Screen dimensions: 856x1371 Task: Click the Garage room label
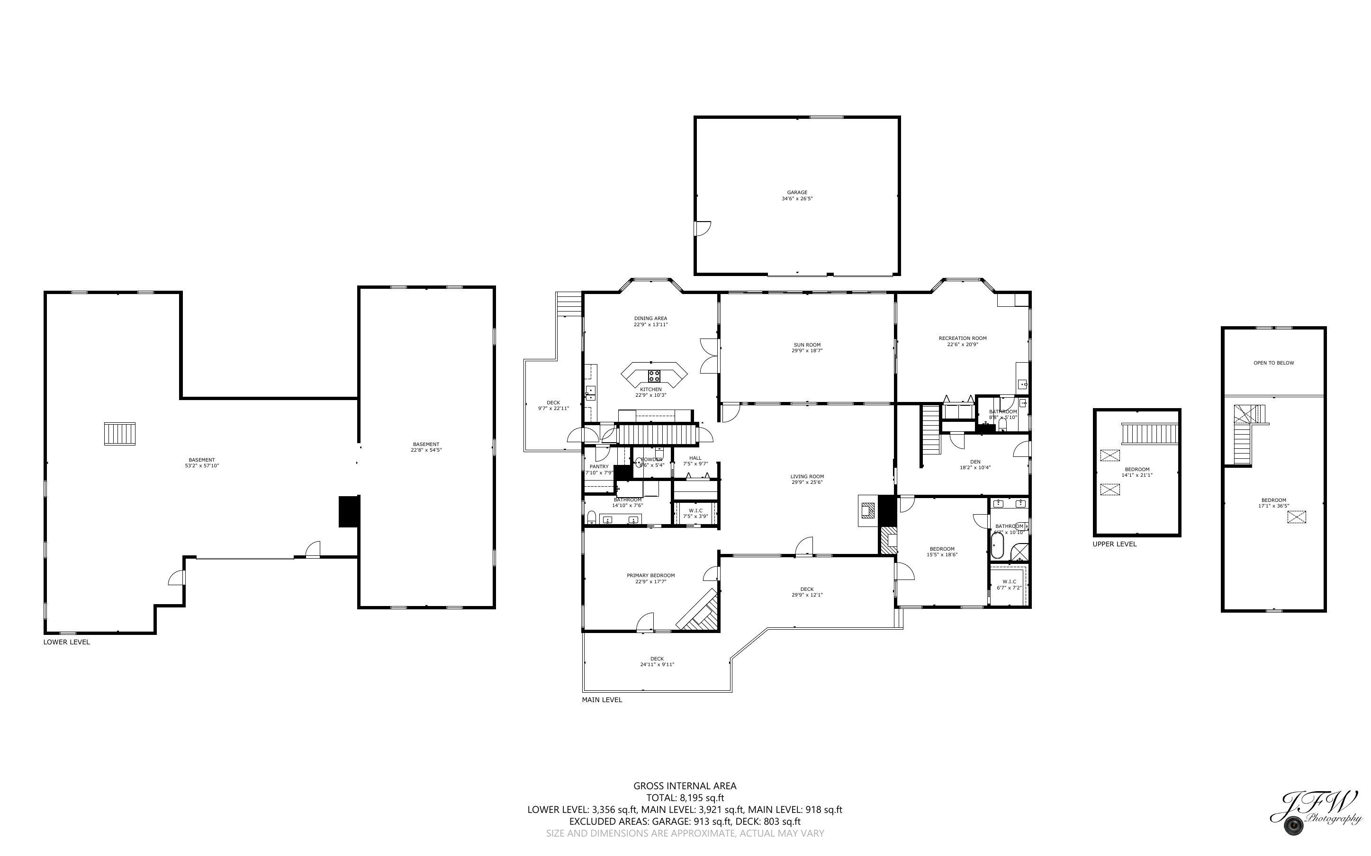pyautogui.click(x=797, y=196)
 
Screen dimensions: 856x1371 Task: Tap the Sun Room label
pyautogui.click(x=807, y=348)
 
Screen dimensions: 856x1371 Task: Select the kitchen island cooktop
pyautogui.click(x=654, y=376)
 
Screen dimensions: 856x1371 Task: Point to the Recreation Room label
pyautogui.click(x=962, y=341)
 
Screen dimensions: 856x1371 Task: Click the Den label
pyautogui.click(x=974, y=465)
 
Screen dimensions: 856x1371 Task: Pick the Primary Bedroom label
pyautogui.click(x=650, y=578)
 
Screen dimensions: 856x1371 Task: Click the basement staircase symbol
pyautogui.click(x=119, y=434)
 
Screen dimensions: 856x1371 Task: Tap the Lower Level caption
pyautogui.click(x=66, y=642)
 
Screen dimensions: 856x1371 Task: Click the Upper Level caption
pyautogui.click(x=1114, y=544)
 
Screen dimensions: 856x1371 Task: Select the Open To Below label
pyautogui.click(x=1273, y=363)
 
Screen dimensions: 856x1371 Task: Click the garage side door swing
pyautogui.click(x=703, y=228)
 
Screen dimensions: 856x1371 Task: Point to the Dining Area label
pyautogui.click(x=650, y=321)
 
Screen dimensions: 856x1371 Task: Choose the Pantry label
pyautogui.click(x=599, y=469)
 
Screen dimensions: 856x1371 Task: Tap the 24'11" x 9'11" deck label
pyautogui.click(x=657, y=661)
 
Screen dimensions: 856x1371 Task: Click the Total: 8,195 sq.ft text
pyautogui.click(x=685, y=798)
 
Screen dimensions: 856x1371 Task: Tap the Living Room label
pyautogui.click(x=807, y=480)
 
